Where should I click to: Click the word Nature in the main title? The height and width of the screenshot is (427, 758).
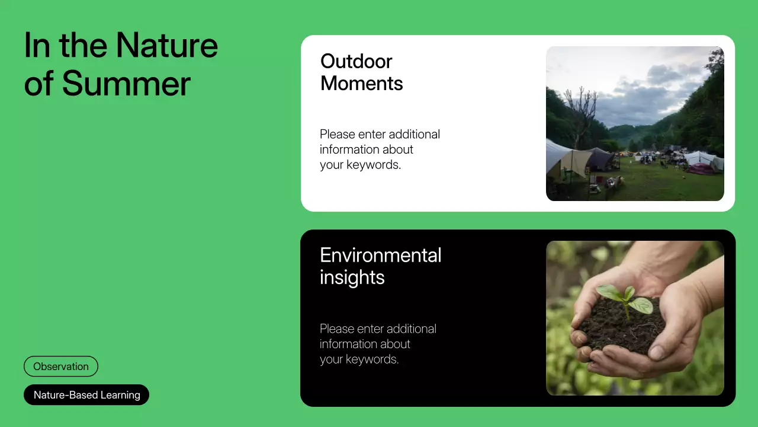click(x=167, y=45)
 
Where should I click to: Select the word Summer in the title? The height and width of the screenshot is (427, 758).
click(x=126, y=83)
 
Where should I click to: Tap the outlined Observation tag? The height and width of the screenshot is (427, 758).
click(x=61, y=367)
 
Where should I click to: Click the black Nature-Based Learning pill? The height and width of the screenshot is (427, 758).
click(x=86, y=395)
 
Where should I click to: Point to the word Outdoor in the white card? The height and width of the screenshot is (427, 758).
click(x=356, y=61)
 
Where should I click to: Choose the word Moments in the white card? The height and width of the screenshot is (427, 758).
click(x=361, y=83)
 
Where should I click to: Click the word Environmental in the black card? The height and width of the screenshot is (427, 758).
click(x=380, y=255)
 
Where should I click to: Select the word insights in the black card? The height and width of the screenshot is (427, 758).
click(x=352, y=277)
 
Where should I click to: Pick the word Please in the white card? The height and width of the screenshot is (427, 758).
click(x=337, y=134)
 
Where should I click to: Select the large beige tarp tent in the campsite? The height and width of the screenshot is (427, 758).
click(x=566, y=157)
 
